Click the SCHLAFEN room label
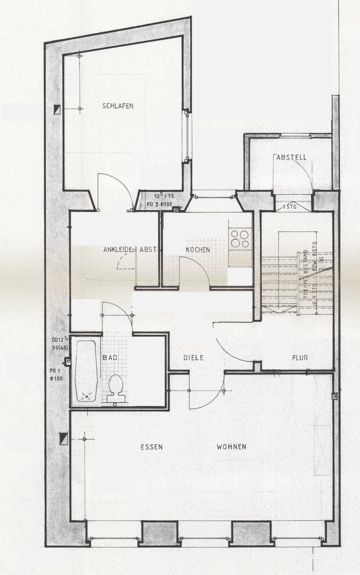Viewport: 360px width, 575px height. click(x=118, y=106)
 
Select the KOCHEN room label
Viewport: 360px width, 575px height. click(x=198, y=250)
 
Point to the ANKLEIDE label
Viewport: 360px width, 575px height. click(x=118, y=250)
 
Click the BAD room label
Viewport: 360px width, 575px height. click(x=110, y=357)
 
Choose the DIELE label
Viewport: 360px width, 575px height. click(x=193, y=358)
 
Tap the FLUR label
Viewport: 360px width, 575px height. click(x=300, y=358)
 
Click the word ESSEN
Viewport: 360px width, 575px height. click(x=151, y=447)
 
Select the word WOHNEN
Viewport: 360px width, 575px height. click(x=231, y=447)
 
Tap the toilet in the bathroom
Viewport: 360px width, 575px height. click(x=115, y=385)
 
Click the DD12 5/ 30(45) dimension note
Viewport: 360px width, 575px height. click(x=60, y=343)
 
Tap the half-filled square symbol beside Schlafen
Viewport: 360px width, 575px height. click(x=58, y=109)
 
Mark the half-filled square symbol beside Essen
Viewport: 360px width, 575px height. click(x=64, y=438)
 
